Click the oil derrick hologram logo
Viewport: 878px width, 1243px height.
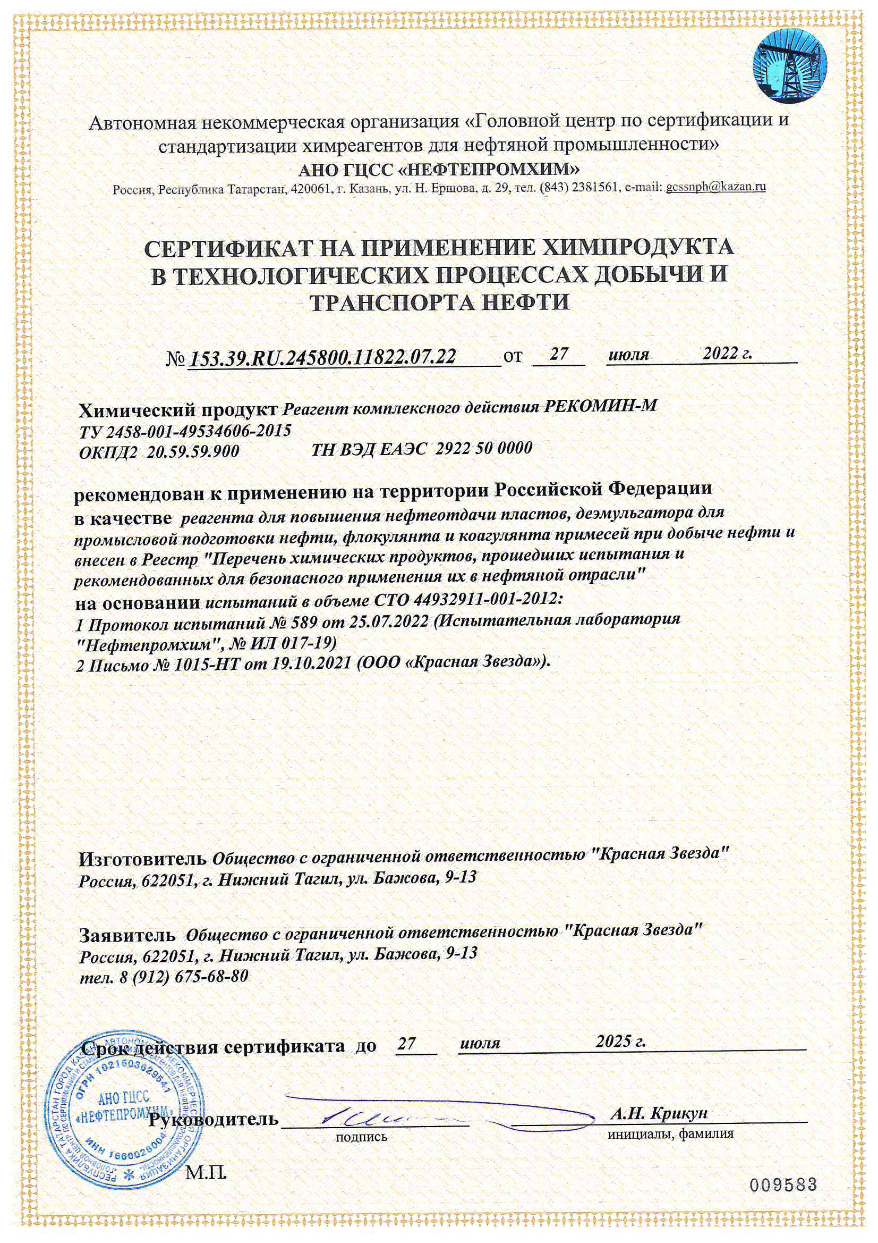(x=790, y=65)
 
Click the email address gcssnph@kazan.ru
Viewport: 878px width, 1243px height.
(x=715, y=187)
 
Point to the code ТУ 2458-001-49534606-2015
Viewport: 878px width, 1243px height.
(x=185, y=431)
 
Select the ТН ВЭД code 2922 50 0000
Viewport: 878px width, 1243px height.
(x=484, y=448)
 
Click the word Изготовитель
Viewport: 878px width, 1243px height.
(x=143, y=859)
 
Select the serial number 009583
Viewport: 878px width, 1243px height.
(x=782, y=1185)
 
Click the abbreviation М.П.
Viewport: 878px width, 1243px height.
(x=206, y=1173)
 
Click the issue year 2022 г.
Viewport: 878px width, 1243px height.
(x=727, y=354)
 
